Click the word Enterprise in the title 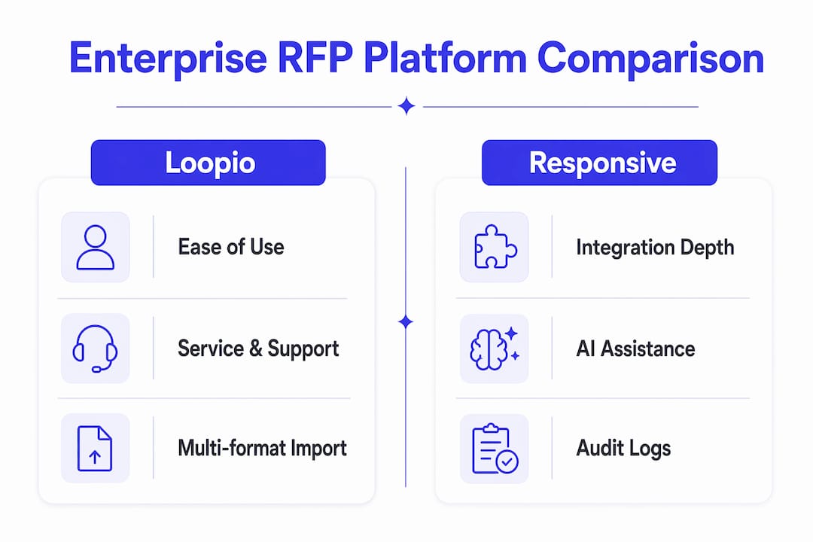click(x=168, y=59)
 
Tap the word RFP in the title click(x=315, y=57)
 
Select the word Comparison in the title click(x=650, y=59)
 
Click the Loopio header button click(x=208, y=163)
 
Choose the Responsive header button click(x=599, y=163)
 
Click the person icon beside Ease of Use click(x=96, y=247)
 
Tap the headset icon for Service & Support click(x=95, y=349)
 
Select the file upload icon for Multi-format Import click(x=95, y=448)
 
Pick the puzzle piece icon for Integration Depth click(x=495, y=246)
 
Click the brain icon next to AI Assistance click(x=495, y=349)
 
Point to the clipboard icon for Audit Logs click(x=495, y=449)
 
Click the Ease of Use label click(x=231, y=247)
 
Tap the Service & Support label click(x=258, y=349)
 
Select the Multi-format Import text click(x=263, y=448)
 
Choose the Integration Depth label click(x=656, y=248)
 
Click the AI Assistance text click(x=635, y=349)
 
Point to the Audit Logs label click(x=624, y=449)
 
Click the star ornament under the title click(x=406, y=106)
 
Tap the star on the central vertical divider click(x=406, y=322)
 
